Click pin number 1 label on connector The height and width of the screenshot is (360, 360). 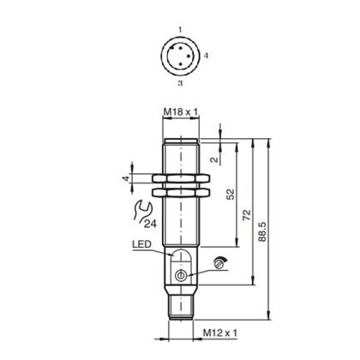pos(179,30)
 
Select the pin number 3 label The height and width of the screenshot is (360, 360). pos(179,85)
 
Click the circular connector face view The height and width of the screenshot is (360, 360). pos(180,57)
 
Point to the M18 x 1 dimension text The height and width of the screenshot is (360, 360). pos(180,112)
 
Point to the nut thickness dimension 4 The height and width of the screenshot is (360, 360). pos(125,179)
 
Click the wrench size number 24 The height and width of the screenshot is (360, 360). pos(150,225)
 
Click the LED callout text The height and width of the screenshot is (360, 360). pos(142,244)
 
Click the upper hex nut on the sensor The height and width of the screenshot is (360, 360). pos(180,180)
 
